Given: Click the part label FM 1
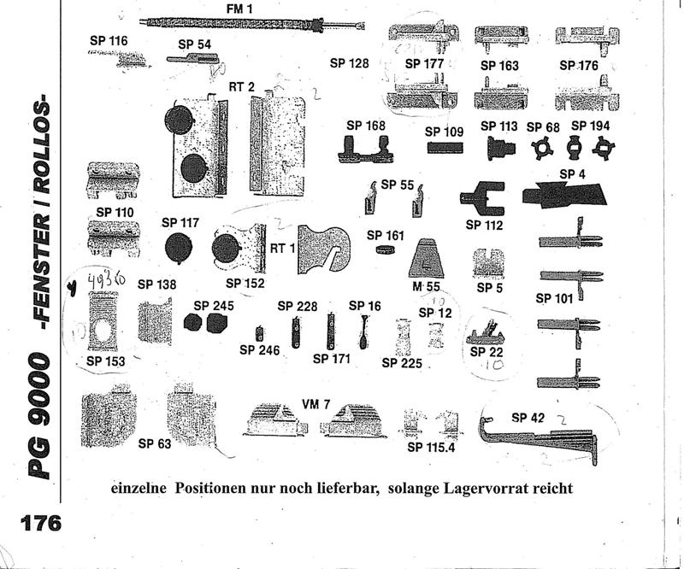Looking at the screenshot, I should click(240, 8).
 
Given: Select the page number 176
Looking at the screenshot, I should click(32, 521).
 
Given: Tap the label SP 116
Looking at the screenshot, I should click(109, 40).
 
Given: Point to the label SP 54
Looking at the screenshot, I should click(195, 44).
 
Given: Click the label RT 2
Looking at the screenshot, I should click(241, 86).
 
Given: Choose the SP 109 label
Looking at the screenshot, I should click(445, 132).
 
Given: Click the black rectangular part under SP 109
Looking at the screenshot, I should click(445, 147).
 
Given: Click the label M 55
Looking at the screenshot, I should click(425, 286).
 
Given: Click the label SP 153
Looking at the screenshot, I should click(106, 361).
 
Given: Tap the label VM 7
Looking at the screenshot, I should click(315, 404).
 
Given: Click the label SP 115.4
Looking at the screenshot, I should click(432, 447).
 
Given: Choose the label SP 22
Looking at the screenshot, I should click(489, 352).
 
